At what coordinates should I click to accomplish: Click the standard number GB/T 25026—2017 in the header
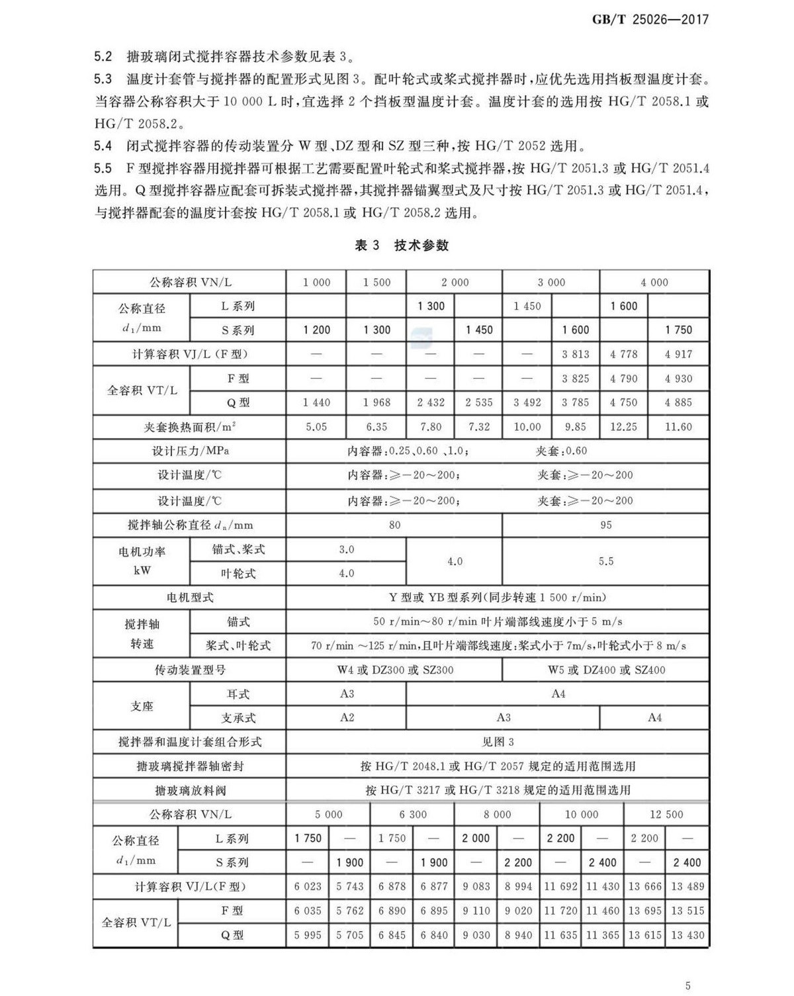coord(650,19)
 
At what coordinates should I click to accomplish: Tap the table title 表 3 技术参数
coord(402,246)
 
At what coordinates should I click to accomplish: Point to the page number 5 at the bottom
coord(688,985)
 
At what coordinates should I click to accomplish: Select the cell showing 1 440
coord(316,402)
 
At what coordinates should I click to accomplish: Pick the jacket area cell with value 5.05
coord(316,427)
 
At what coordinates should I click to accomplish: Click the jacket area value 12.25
coord(623,427)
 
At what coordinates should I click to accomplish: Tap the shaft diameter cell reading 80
coord(394,525)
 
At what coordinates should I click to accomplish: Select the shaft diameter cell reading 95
coord(605,525)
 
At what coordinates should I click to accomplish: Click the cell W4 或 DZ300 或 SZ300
coord(395,670)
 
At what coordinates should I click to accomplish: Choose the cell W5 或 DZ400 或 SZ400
coord(606,670)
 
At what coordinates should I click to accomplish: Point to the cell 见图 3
coord(498,742)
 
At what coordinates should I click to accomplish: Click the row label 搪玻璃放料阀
coord(189,790)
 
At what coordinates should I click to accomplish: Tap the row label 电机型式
coord(189,598)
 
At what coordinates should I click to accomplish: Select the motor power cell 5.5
coord(605,561)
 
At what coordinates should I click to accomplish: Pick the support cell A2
coord(347,717)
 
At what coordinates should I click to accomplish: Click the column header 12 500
coord(666,815)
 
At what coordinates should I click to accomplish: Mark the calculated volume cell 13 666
coord(644,886)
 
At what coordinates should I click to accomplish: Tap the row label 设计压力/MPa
coord(189,451)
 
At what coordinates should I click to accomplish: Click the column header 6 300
coord(413,815)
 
